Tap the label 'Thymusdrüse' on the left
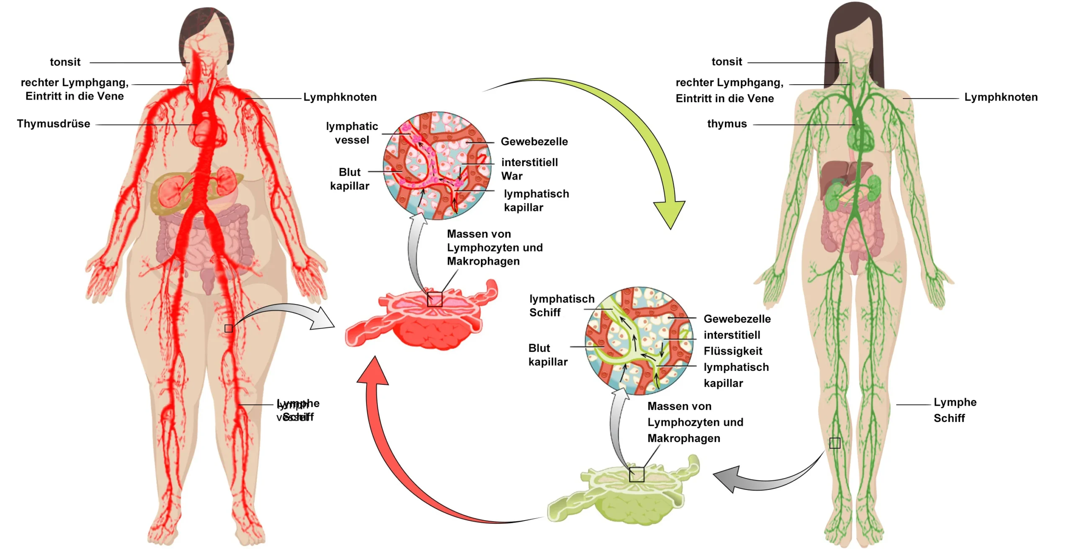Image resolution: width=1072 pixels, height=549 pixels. click(x=54, y=124)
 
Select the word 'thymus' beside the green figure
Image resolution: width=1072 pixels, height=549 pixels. click(x=727, y=124)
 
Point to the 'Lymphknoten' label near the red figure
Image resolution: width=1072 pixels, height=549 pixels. click(x=340, y=97)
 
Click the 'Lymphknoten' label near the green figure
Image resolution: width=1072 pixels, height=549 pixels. click(x=1001, y=97)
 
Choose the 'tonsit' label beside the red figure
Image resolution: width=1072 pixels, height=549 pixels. click(x=65, y=62)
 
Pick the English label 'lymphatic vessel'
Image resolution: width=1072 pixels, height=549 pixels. click(x=352, y=133)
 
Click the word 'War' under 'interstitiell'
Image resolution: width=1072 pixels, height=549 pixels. click(x=512, y=176)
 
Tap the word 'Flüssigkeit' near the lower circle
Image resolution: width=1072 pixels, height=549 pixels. click(x=733, y=351)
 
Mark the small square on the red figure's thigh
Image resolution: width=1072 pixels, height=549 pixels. click(x=229, y=328)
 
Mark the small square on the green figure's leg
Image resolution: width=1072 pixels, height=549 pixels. click(x=835, y=443)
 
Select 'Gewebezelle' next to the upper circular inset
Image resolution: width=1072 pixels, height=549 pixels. click(x=534, y=142)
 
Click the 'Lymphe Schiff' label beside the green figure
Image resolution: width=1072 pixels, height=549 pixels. click(x=955, y=410)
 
